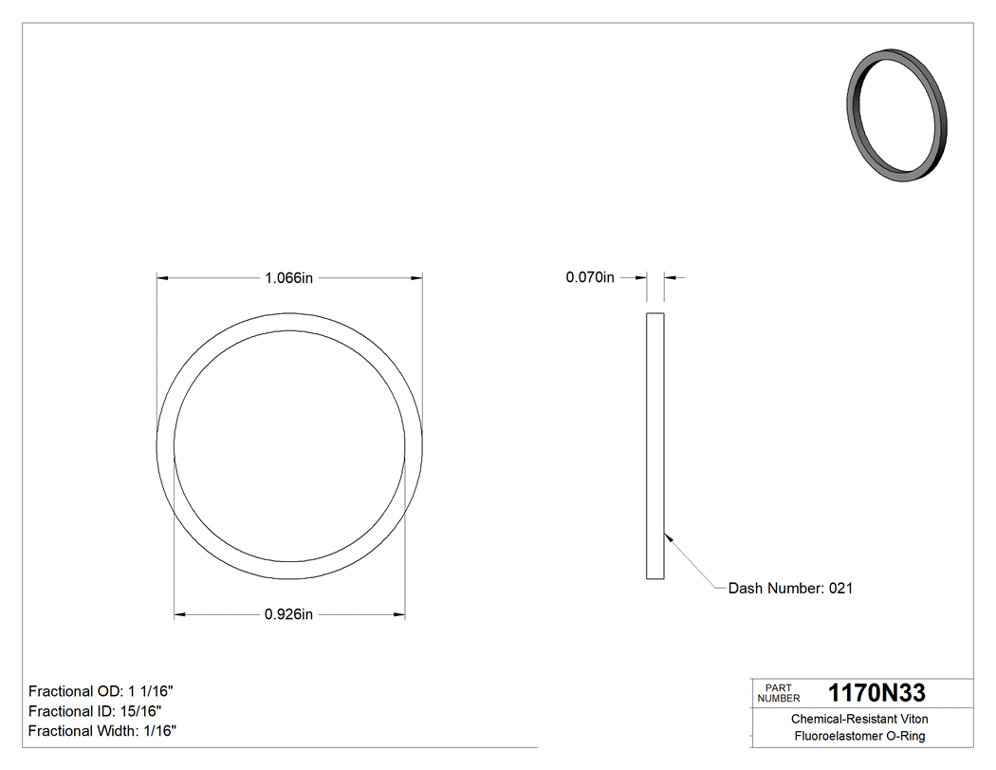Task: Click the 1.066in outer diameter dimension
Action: pyautogui.click(x=289, y=278)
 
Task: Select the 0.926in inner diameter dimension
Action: pyautogui.click(x=289, y=615)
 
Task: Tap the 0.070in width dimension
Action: pyautogui.click(x=590, y=278)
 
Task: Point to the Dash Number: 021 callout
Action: pyautogui.click(x=790, y=589)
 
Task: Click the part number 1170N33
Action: pyautogui.click(x=876, y=693)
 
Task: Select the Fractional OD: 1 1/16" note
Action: pyautogui.click(x=101, y=691)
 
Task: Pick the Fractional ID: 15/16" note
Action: pyautogui.click(x=95, y=711)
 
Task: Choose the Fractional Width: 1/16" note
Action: pyautogui.click(x=102, y=731)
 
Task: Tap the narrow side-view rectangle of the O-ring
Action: pyautogui.click(x=655, y=445)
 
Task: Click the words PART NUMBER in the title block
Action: pyautogui.click(x=779, y=693)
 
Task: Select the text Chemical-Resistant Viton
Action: pyautogui.click(x=859, y=720)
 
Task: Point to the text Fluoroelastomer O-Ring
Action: pyautogui.click(x=859, y=737)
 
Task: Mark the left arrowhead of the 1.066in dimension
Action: pyautogui.click(x=162, y=278)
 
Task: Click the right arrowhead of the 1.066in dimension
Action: pyautogui.click(x=416, y=278)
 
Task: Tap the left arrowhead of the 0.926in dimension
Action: pyautogui.click(x=179, y=615)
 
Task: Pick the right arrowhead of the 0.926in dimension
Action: pyautogui.click(x=399, y=615)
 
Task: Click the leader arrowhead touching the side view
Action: pyautogui.click(x=668, y=535)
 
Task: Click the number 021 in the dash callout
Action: pyautogui.click(x=841, y=589)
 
